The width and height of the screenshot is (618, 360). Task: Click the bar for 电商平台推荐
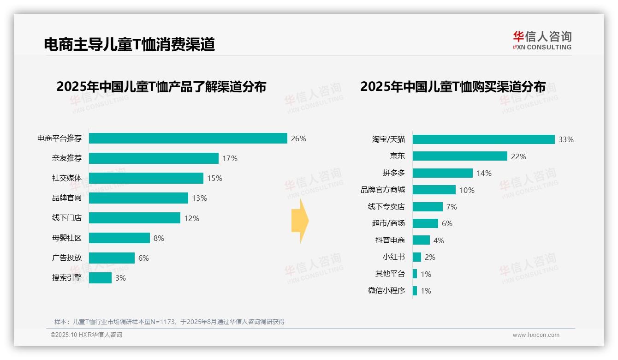pos(188,138)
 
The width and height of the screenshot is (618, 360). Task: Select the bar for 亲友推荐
pos(154,158)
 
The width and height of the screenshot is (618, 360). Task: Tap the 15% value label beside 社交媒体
pos(214,178)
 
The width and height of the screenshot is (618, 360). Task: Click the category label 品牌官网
pos(66,198)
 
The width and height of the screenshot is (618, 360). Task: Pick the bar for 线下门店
pos(135,218)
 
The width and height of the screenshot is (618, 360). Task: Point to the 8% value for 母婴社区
pos(159,238)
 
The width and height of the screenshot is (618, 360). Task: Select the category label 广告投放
pos(66,258)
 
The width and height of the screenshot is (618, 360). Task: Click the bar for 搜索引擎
pos(100,278)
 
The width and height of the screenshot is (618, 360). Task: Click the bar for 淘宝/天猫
pos(483,139)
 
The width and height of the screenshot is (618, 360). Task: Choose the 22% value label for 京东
pos(518,156)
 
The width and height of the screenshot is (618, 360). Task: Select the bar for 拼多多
pos(443,173)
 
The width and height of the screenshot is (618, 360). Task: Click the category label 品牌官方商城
pos(382,190)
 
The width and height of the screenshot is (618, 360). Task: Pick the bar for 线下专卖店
pos(428,207)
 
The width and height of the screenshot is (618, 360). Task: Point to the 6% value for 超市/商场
pos(447,223)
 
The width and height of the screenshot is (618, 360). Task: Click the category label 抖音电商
pos(390,240)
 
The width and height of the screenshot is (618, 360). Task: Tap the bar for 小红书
pos(417,257)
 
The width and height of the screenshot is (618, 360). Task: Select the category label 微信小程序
pos(386,291)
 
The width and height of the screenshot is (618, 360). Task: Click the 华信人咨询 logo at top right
pos(542,40)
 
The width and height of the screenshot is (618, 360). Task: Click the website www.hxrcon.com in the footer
pos(536,335)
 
